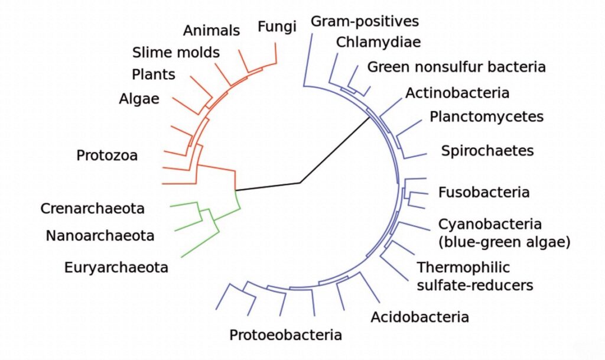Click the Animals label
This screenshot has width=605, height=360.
[211, 30]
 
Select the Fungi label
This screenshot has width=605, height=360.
[277, 27]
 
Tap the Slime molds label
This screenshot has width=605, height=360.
[175, 52]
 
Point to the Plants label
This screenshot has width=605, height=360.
[153, 74]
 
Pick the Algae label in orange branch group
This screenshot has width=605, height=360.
[139, 99]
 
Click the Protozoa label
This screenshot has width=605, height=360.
[107, 155]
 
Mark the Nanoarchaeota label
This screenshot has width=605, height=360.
[100, 236]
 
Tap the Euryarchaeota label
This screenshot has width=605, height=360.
[116, 267]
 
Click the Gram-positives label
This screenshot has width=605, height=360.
[365, 21]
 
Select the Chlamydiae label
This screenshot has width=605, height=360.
[378, 42]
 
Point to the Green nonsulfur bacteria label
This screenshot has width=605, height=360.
[456, 66]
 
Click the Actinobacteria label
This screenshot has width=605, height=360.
[457, 93]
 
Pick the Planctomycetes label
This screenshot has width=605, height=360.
[486, 116]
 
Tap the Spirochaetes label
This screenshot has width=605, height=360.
[487, 150]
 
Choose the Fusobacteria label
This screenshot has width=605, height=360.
[484, 192]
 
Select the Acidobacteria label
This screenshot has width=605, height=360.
[419, 317]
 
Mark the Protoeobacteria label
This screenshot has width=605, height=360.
[285, 335]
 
